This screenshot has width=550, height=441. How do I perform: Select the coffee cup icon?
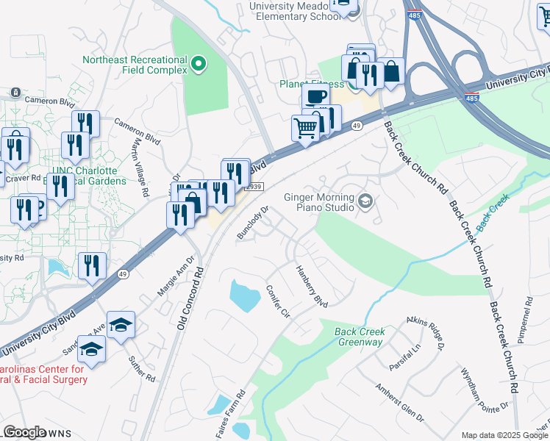[315, 96]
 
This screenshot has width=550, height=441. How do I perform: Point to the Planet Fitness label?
[311, 84]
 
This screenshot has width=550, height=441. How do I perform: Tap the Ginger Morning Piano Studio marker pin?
[365, 200]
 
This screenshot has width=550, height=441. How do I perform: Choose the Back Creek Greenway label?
[360, 337]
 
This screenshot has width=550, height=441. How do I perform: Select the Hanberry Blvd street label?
[311, 286]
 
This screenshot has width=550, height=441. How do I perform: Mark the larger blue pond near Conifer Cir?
[245, 295]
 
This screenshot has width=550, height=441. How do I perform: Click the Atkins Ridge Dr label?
[426, 331]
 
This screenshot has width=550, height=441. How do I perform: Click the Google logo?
[25, 432]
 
